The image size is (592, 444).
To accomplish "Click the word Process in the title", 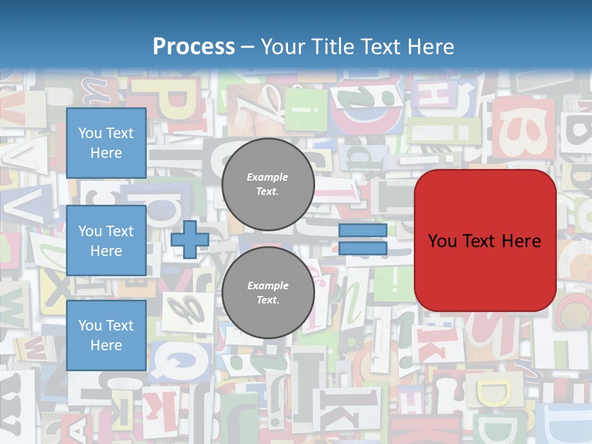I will point(194,46).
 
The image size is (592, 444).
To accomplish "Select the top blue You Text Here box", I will point(106,143).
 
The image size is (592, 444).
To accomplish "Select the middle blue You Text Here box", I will point(106,240).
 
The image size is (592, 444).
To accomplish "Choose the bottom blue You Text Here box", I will point(106,335).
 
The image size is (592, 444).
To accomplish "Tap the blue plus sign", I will point(190,239).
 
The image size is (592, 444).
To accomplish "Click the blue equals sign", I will point(363,239).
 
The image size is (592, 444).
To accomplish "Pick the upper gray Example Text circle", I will point(268,184).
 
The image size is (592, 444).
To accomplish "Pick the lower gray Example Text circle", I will point(268,292).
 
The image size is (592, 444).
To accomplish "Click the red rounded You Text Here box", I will point(485,240).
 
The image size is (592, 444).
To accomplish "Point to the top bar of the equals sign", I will point(363,231).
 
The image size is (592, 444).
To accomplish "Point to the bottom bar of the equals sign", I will point(363,248).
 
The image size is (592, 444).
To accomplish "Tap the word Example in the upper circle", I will point(268,177).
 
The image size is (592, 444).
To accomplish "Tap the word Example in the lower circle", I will point(268,286).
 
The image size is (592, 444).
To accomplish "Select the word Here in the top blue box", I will point(106,153).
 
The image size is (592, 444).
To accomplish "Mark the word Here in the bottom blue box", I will point(106,345).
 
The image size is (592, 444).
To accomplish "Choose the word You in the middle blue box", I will point(90,231).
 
